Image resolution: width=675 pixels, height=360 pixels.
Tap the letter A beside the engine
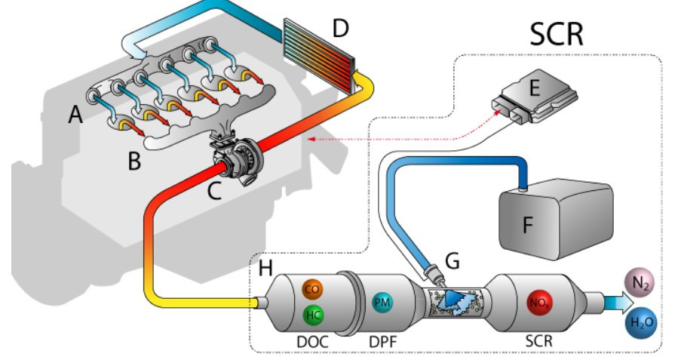(x=75, y=114)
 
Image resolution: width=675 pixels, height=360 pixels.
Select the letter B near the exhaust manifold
(x=134, y=160)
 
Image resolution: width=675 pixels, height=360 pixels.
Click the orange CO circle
(x=311, y=289)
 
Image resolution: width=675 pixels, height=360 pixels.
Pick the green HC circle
(x=311, y=315)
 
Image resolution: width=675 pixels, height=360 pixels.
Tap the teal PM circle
(x=382, y=303)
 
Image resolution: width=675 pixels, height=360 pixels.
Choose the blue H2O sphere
(x=641, y=322)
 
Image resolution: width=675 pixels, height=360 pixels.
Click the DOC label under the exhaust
(x=311, y=342)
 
